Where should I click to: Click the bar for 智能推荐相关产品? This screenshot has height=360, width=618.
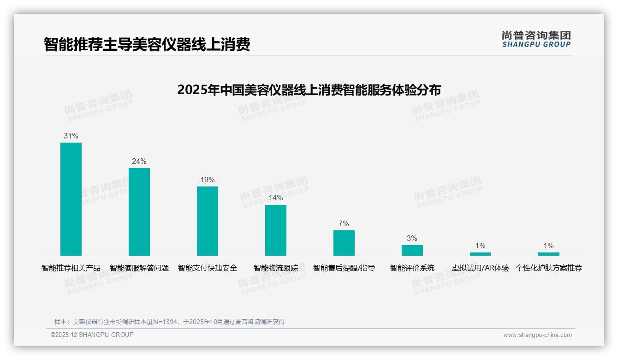71,199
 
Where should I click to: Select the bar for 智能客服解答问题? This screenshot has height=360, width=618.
139,212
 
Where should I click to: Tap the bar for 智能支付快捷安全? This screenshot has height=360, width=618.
208,221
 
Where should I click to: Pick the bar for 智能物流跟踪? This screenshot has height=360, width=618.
276,230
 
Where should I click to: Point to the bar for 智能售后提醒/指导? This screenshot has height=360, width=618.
344,243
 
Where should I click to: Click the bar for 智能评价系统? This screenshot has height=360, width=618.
412,250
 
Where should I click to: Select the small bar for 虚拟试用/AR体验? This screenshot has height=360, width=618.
481,254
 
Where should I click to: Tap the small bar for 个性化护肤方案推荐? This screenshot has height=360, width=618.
548,254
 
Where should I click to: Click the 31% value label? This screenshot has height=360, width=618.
71,136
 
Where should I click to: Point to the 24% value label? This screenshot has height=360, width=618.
139,162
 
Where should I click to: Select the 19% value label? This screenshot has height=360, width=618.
208,180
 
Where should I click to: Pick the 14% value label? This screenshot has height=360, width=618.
276,198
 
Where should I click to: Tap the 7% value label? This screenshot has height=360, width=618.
344,224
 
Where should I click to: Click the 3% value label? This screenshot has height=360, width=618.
412,239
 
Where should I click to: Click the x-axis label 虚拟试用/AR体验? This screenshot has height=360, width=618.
481,268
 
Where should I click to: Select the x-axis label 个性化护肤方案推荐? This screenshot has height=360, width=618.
548,268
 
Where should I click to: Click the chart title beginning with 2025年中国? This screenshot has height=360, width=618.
309,90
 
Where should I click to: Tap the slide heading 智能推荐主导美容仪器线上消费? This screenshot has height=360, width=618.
147,44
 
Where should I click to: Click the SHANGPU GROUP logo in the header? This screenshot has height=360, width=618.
536,39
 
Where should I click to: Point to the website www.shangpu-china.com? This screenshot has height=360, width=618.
537,335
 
